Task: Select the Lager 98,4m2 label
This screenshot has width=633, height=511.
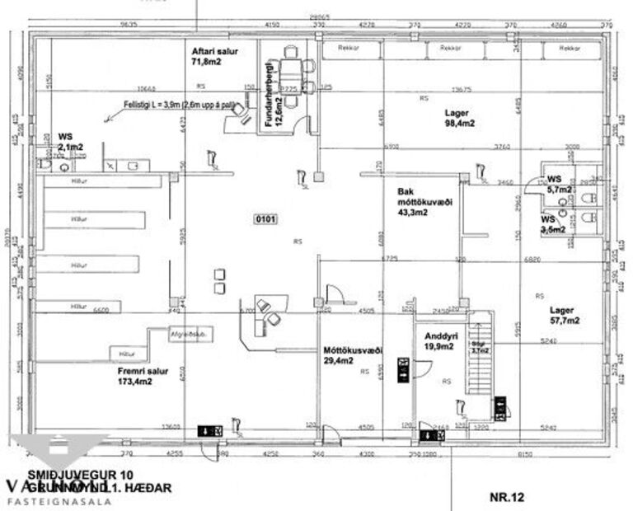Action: pyautogui.click(x=460, y=118)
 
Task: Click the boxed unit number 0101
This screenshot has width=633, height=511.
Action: pyautogui.click(x=267, y=219)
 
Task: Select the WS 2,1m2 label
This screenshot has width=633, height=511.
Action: pyautogui.click(x=70, y=142)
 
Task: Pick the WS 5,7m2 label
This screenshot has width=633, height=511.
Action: pyautogui.click(x=558, y=183)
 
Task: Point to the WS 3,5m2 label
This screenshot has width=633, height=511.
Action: pyautogui.click(x=553, y=224)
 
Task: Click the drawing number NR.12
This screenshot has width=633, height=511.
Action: pyautogui.click(x=506, y=497)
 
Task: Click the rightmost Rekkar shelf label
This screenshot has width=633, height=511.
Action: pyautogui.click(x=568, y=49)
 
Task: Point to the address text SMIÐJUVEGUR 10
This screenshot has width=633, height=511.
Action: pyautogui.click(x=80, y=476)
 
